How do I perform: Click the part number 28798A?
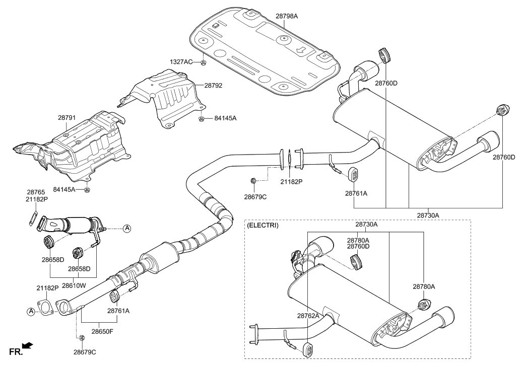287,16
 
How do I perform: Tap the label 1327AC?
181,62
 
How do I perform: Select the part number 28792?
213,86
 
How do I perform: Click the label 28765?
36,192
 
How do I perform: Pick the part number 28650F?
102,331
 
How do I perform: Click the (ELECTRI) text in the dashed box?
262,226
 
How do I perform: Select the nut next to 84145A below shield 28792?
201,118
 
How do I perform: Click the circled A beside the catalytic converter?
127,229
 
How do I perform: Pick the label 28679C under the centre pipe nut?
255,196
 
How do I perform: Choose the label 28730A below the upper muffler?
428,215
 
